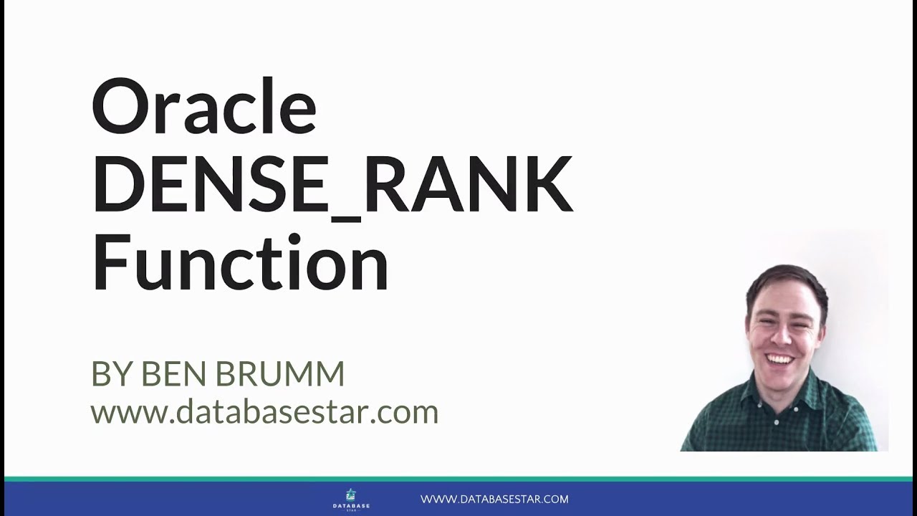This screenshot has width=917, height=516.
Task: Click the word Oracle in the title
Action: pyautogui.click(x=204, y=108)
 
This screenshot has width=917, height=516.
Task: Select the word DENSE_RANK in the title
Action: pyautogui.click(x=332, y=184)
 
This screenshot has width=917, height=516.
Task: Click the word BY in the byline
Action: pyautogui.click(x=111, y=374)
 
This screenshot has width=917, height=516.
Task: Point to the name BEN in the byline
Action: pyautogui.click(x=175, y=374)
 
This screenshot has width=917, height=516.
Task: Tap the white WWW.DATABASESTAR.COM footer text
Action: pyautogui.click(x=494, y=499)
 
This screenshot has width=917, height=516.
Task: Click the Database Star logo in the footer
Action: pyautogui.click(x=351, y=499)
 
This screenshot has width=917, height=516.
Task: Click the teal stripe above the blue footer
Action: pyautogui.click(x=458, y=478)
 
